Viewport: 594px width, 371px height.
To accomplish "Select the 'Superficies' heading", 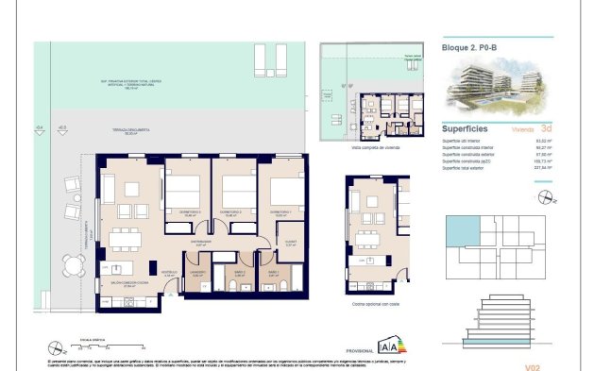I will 468,131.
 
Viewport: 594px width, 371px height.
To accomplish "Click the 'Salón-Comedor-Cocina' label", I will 131,283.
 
